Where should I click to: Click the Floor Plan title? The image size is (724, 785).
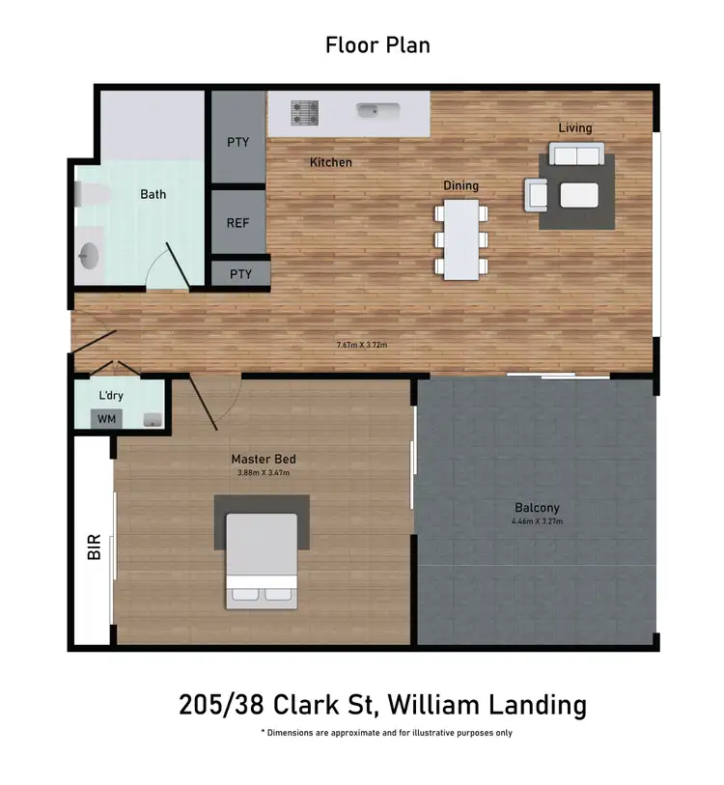pyautogui.click(x=377, y=44)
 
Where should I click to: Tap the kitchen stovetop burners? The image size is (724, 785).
pyautogui.click(x=305, y=113)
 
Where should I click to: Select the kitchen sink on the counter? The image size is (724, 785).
pyautogui.click(x=372, y=111)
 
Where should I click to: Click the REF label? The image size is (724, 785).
pyautogui.click(x=237, y=223)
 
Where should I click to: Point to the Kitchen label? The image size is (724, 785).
pyautogui.click(x=330, y=162)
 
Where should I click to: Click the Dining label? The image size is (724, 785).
pyautogui.click(x=460, y=185)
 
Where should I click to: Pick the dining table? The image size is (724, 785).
pyautogui.click(x=461, y=239)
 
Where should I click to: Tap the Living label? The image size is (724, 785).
pyautogui.click(x=574, y=127)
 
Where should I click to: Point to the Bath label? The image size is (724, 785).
pyautogui.click(x=153, y=194)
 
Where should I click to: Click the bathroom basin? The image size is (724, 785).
pyautogui.click(x=88, y=256)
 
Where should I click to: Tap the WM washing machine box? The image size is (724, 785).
pyautogui.click(x=104, y=419)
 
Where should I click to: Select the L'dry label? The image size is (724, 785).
pyautogui.click(x=111, y=396)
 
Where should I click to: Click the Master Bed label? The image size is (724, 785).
pyautogui.click(x=263, y=459)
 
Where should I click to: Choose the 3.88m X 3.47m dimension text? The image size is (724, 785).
pyautogui.click(x=263, y=473)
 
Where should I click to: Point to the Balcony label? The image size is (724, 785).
pyautogui.click(x=537, y=508)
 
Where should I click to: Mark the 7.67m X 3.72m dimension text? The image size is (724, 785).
pyautogui.click(x=362, y=344)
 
